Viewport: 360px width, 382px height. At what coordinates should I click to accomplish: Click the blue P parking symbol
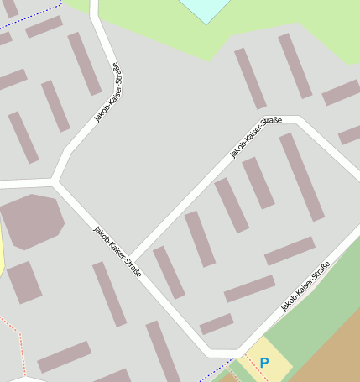tap(264, 363)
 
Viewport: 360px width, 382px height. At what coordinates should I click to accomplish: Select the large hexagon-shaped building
tap(31, 221)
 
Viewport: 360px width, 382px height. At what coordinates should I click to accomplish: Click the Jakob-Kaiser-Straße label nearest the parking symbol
tap(305, 287)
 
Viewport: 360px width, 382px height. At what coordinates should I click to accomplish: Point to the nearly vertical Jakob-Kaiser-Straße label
tap(108, 92)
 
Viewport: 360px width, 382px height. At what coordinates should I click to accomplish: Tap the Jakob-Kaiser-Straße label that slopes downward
tap(117, 251)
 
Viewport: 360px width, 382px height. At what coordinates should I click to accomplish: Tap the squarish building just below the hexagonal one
tap(23, 282)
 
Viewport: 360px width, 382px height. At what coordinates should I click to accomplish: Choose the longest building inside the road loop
tap(301, 176)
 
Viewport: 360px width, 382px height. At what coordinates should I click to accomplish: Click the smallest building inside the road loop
tap(216, 324)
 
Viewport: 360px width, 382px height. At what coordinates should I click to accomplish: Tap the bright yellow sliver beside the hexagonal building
tap(2, 252)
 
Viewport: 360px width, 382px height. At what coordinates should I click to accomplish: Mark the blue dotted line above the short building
tap(34, 16)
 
